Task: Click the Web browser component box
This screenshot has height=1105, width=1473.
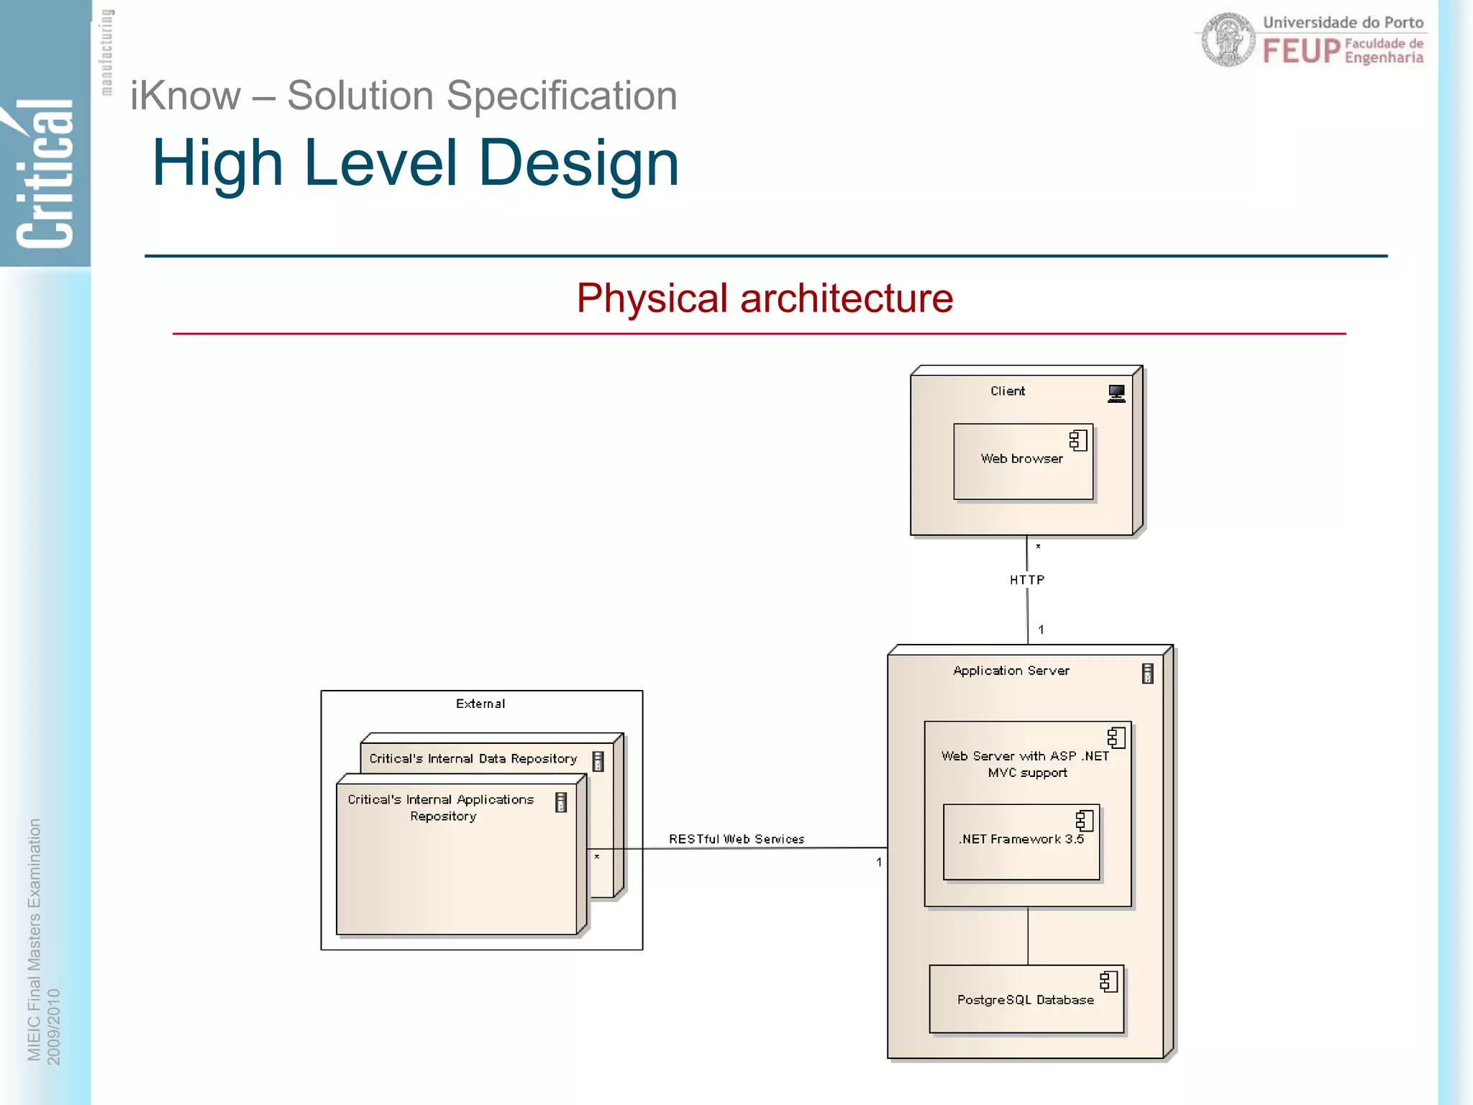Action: [x=1022, y=461]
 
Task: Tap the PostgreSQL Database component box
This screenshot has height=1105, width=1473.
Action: [x=1026, y=999]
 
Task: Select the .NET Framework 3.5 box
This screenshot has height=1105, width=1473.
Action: [x=1021, y=842]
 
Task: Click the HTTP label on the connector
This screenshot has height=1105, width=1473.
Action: [x=1026, y=580]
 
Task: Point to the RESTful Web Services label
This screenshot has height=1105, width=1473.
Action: [x=736, y=839]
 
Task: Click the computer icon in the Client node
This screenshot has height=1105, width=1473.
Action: [x=1116, y=394]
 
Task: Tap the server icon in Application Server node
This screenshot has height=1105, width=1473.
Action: [x=1147, y=673]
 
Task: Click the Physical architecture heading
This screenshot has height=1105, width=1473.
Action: [x=765, y=298]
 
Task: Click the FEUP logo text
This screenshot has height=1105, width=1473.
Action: [x=1301, y=51]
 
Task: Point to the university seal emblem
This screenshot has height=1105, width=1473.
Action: [x=1228, y=40]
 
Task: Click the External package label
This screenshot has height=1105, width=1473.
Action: [x=480, y=704]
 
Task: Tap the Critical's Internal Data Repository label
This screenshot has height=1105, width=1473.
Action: [x=473, y=758]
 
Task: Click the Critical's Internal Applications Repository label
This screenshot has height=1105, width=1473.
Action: [x=441, y=807]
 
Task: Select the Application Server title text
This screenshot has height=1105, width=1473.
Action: [x=1011, y=670]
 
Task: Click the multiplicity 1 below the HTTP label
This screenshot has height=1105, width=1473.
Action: [x=1041, y=629]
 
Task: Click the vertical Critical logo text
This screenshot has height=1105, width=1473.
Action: [x=45, y=173]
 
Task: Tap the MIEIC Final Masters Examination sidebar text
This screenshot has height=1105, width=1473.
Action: [x=34, y=939]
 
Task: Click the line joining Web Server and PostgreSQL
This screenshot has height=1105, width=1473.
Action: [x=1028, y=936]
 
